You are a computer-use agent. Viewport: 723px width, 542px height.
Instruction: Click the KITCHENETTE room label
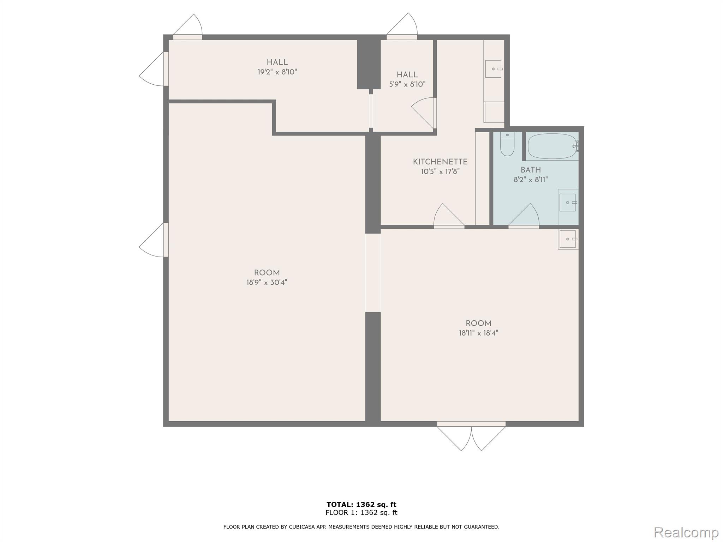click(x=440, y=162)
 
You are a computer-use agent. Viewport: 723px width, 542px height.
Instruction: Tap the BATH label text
click(x=530, y=170)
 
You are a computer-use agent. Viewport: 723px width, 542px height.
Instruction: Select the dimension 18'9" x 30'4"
click(x=267, y=282)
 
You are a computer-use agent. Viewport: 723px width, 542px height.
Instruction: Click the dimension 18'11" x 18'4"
click(x=478, y=333)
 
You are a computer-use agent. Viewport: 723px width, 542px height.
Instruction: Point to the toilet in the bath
click(x=507, y=145)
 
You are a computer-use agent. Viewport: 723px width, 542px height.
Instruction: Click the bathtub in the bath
click(x=551, y=146)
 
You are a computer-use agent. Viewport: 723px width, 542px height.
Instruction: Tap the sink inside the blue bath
click(x=568, y=203)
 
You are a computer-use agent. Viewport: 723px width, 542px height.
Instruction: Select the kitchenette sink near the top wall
click(x=493, y=69)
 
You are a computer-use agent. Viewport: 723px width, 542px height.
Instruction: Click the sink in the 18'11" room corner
click(x=568, y=239)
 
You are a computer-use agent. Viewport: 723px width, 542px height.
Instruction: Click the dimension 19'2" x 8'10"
click(x=277, y=72)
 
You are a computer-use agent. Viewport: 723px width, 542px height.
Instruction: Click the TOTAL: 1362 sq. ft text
click(x=361, y=505)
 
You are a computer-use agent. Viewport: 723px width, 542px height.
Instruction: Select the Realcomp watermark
click(x=686, y=532)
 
